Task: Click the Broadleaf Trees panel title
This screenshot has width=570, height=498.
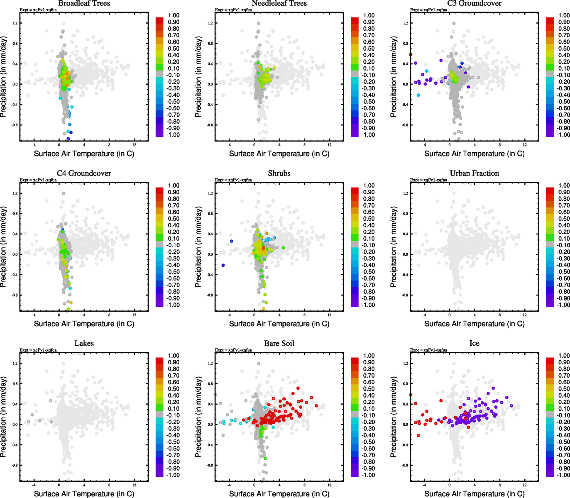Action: click(84, 3)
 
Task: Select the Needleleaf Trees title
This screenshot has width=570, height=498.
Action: click(279, 3)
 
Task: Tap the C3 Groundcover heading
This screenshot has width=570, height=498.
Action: click(474, 3)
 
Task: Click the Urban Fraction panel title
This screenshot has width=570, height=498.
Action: click(474, 173)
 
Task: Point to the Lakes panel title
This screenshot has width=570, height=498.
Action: click(84, 344)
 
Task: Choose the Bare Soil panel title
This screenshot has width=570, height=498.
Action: click(279, 344)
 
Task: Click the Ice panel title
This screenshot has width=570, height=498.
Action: click(474, 344)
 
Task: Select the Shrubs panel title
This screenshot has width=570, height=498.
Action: click(279, 173)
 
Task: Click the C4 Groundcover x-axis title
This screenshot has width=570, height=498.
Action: click(84, 324)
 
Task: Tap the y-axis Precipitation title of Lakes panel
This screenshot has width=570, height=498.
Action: click(4, 417)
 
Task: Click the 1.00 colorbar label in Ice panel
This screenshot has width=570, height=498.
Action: click(564, 356)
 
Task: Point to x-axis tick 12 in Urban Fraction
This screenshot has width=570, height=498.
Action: click(525, 315)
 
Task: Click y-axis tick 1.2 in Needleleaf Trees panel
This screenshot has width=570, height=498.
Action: click(210, 23)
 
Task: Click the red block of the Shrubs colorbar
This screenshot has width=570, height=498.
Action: click(355, 190)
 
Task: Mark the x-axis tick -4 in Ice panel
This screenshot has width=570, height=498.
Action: click(424, 485)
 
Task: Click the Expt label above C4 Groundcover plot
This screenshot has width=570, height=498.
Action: click(38, 180)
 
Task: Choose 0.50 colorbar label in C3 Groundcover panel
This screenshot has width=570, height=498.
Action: click(564, 49)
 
